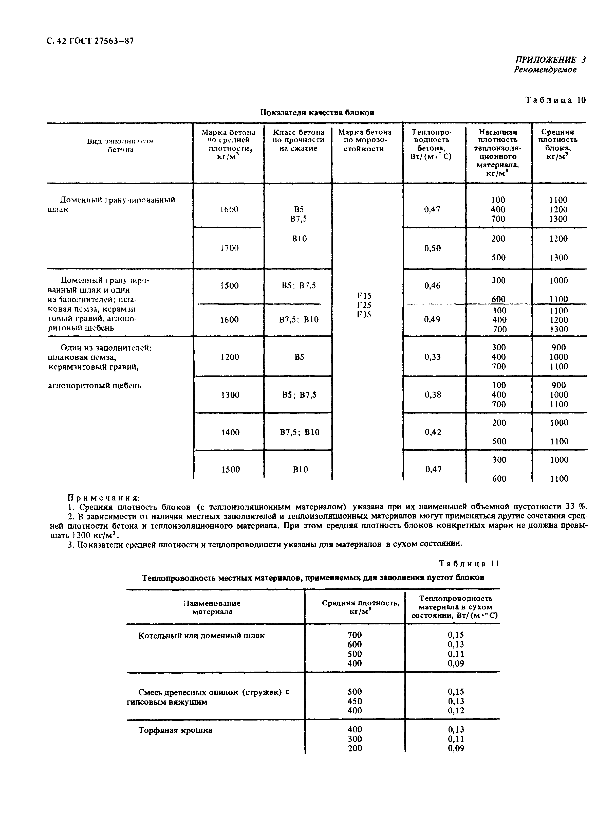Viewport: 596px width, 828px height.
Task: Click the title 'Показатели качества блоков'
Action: (x=317, y=113)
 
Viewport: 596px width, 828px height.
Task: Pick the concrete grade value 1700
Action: (x=229, y=248)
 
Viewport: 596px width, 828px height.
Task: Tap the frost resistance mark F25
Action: (x=364, y=305)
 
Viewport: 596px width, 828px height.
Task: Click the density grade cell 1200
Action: (x=230, y=357)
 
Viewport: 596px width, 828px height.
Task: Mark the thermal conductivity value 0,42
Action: (x=433, y=432)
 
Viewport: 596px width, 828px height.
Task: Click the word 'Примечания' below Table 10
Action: (x=104, y=498)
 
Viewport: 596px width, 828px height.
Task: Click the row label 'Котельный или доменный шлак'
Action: (x=201, y=636)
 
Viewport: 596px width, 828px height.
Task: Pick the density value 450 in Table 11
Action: (x=355, y=701)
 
